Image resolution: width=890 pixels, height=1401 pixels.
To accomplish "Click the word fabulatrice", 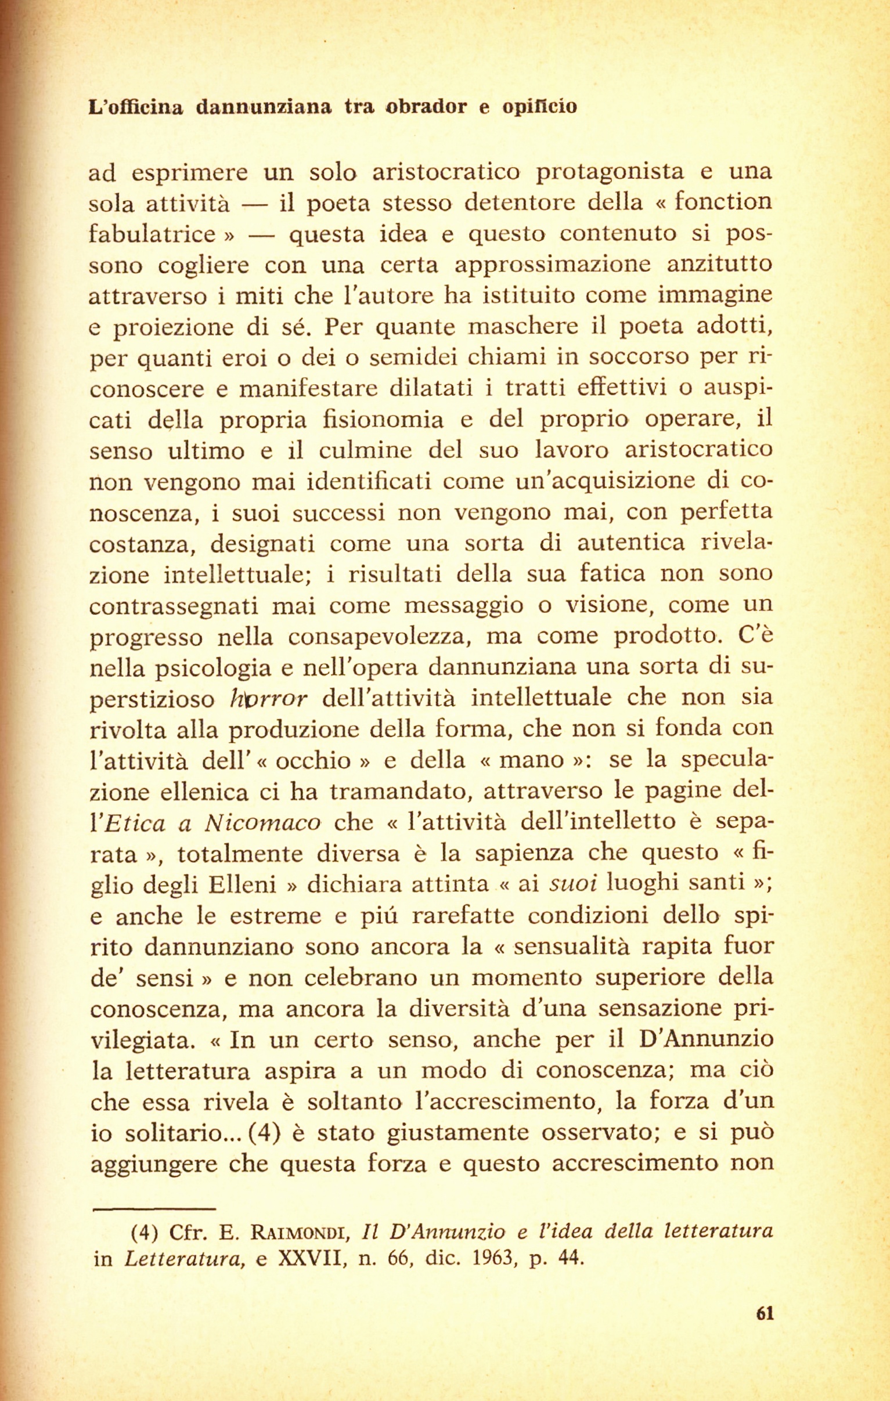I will pyautogui.click(x=152, y=234).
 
